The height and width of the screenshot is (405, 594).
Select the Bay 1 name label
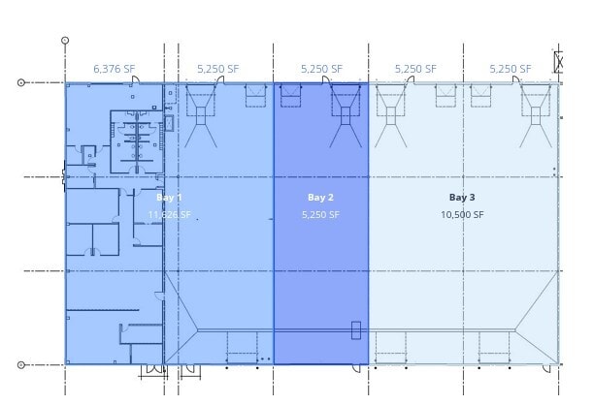click(170, 198)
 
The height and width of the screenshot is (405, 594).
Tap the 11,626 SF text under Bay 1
click(170, 214)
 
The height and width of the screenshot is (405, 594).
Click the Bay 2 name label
click(321, 198)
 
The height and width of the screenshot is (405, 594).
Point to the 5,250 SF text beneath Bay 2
click(321, 214)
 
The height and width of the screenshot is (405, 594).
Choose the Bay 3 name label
click(462, 198)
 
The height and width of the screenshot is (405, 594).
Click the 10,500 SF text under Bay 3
click(462, 214)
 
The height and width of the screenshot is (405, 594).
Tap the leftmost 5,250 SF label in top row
click(216, 69)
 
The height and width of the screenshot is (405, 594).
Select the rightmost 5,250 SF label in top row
click(510, 69)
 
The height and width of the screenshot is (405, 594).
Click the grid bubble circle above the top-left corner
click(65, 41)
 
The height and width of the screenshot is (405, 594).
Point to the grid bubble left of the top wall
click(21, 82)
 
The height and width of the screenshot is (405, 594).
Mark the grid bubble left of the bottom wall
click(21, 364)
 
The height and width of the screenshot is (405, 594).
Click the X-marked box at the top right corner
click(560, 62)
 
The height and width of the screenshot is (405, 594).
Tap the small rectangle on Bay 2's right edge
click(356, 330)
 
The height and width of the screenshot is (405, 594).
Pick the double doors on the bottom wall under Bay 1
click(153, 370)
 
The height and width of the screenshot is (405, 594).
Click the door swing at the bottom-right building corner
click(554, 369)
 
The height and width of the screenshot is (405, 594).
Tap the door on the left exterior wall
click(64, 176)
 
